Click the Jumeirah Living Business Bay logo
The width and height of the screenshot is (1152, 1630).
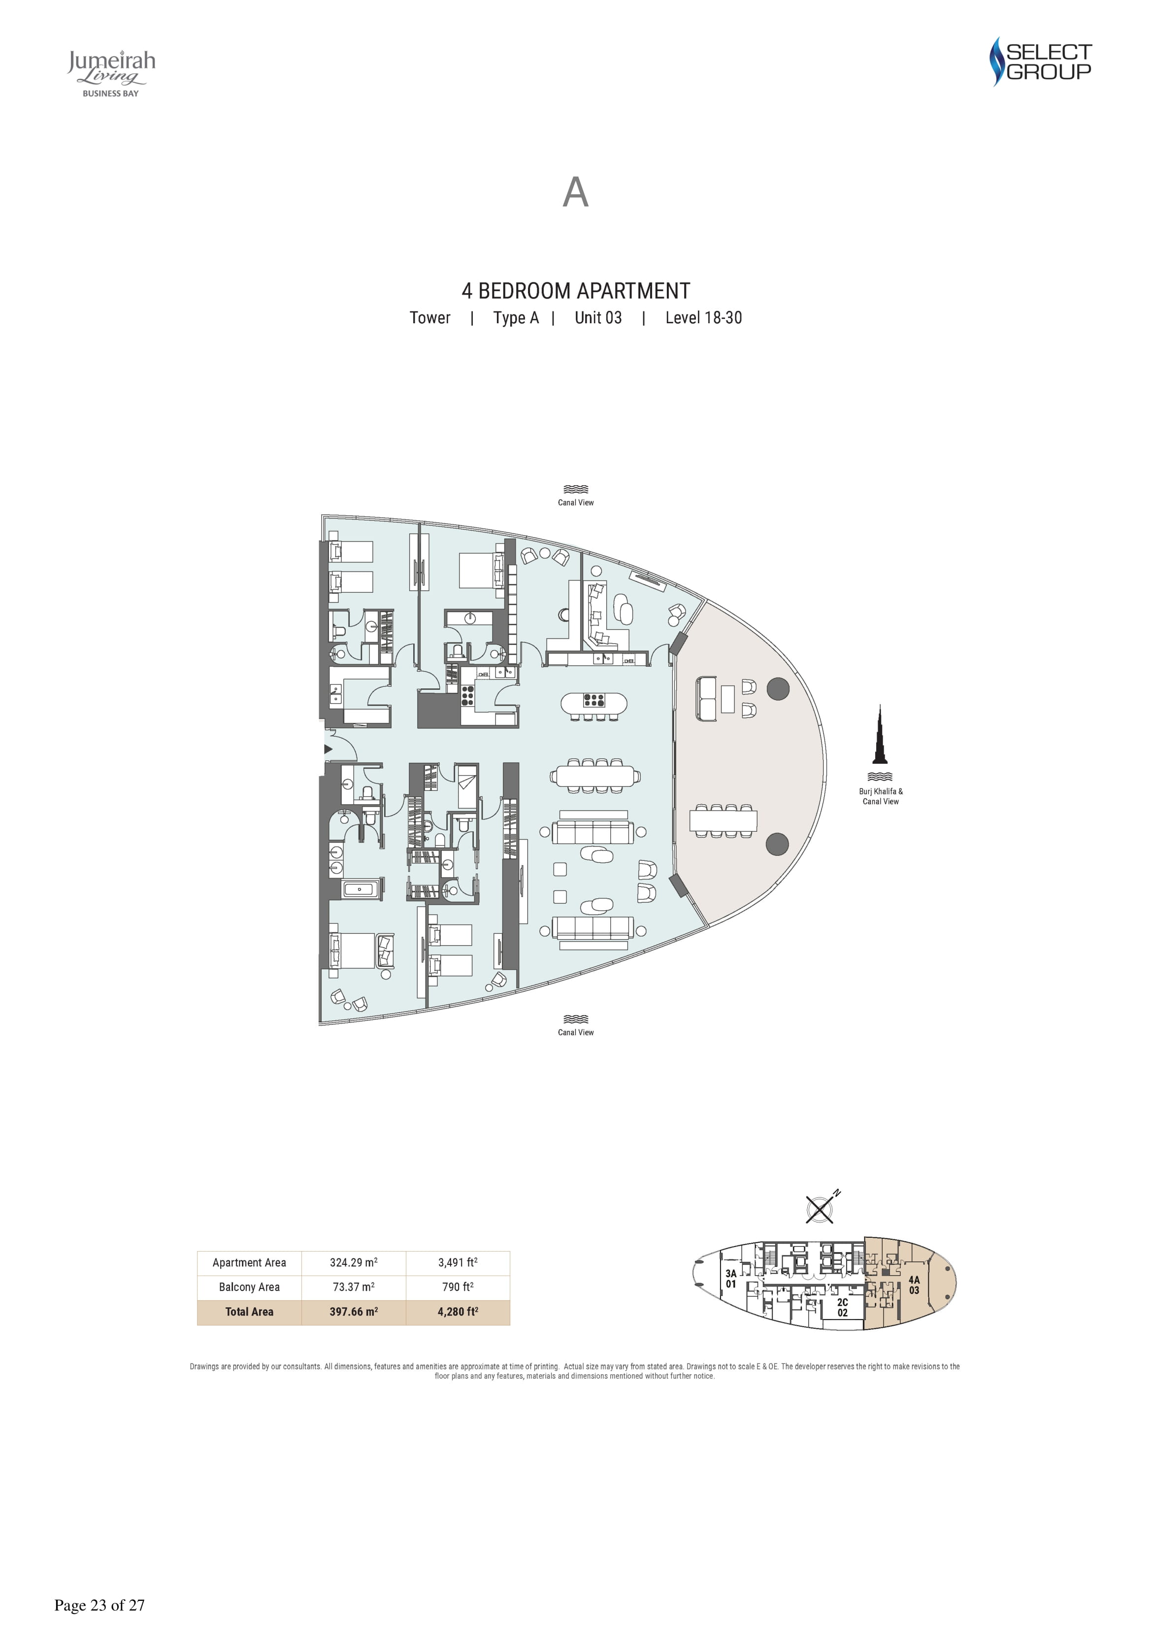tap(111, 73)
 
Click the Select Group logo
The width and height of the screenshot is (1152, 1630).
tap(1041, 62)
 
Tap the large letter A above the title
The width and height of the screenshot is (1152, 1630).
tap(576, 192)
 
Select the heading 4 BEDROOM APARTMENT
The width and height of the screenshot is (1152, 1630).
tap(576, 291)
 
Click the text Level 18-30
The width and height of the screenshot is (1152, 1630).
tap(703, 318)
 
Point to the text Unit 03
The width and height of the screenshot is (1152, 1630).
tap(598, 318)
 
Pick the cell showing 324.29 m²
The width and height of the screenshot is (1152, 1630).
tap(354, 1262)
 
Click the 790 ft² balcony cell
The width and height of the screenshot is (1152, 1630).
tap(458, 1287)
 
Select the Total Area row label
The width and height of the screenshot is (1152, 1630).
tap(249, 1311)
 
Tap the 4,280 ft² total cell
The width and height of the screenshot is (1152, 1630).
tap(458, 1311)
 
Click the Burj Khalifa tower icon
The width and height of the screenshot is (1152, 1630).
tap(880, 734)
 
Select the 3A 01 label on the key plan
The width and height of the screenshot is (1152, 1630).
tap(731, 1279)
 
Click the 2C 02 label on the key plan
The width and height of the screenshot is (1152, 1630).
tap(843, 1307)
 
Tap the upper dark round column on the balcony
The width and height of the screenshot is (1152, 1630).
tap(779, 689)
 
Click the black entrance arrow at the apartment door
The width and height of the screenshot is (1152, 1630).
tap(328, 749)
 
